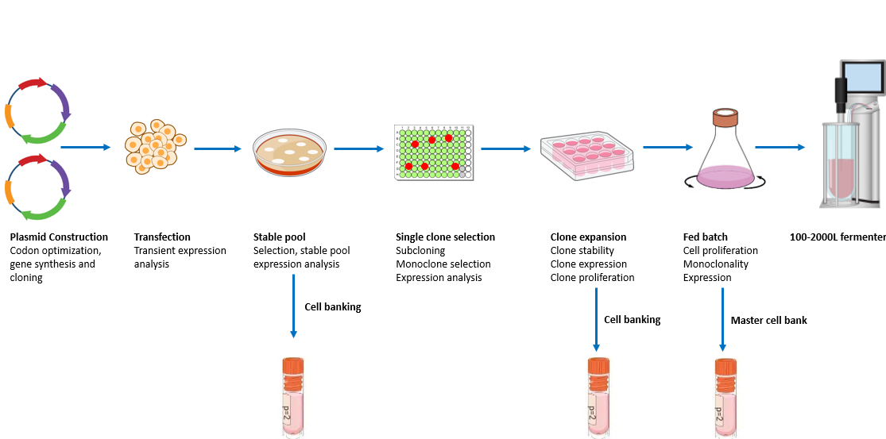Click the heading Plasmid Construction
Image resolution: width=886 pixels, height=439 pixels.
coord(59,237)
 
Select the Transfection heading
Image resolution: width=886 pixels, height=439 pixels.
coord(162,237)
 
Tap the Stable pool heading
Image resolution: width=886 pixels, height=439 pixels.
coord(279,237)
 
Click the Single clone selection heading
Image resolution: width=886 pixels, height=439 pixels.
coord(445,237)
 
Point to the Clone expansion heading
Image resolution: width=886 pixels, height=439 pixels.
coord(588,237)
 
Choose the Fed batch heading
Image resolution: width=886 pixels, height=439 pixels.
coord(705,237)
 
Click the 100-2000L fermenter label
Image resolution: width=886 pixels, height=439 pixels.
coord(838,237)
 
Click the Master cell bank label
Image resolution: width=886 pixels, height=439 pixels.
coord(768,321)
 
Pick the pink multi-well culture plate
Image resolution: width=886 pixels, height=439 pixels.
coord(587,155)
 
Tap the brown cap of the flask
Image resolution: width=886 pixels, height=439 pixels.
coord(724,118)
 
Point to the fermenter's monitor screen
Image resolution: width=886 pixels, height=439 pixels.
coord(862,78)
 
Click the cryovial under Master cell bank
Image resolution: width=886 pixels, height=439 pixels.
coord(725,397)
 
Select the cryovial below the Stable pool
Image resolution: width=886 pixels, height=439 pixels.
coord(294,397)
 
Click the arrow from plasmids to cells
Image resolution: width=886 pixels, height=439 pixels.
coord(85,147)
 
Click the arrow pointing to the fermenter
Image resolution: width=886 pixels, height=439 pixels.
coord(780,147)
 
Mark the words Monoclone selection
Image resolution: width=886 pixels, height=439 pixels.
coord(443,264)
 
